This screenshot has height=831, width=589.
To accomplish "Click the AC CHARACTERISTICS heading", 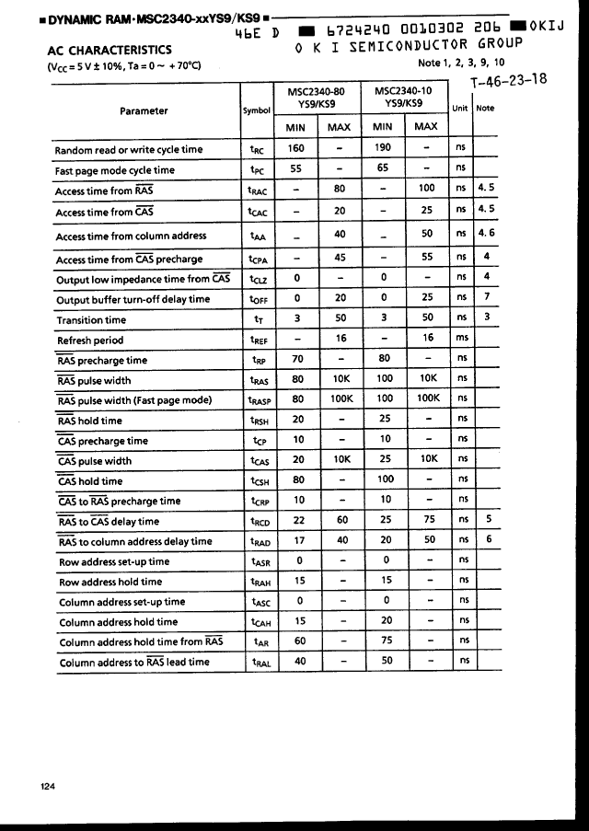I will [108, 50].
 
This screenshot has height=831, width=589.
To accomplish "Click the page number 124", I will [49, 786].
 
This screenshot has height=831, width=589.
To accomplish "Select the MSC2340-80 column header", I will [318, 98].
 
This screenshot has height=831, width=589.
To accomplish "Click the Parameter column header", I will [144, 110].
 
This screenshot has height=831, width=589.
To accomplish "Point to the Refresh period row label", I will [89, 340].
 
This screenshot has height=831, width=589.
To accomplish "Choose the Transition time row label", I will [91, 320].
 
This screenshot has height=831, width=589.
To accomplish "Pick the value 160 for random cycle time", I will [296, 147].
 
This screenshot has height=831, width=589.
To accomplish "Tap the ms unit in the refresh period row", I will [462, 339].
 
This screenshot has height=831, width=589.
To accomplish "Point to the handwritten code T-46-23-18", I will [508, 80].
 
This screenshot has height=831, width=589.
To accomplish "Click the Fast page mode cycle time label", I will [115, 170].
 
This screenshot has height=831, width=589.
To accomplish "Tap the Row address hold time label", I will [110, 582].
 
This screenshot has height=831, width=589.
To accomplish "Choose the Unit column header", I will [461, 108].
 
